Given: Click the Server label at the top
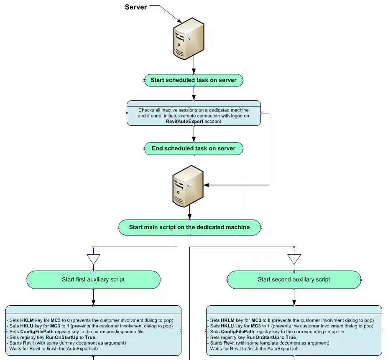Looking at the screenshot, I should [136, 7].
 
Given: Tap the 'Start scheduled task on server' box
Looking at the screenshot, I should [194, 80].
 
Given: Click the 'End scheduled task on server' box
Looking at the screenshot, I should [194, 149].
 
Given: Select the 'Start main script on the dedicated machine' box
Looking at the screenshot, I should [189, 228].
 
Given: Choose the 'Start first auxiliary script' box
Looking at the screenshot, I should [93, 280].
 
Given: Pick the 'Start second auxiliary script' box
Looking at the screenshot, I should [294, 280].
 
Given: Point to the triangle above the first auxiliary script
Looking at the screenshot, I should [93, 259].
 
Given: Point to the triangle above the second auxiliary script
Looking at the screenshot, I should [294, 259].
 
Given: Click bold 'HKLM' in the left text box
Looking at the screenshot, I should [27, 319].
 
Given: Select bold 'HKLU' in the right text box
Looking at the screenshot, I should [227, 325].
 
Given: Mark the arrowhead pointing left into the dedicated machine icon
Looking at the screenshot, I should [206, 185].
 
